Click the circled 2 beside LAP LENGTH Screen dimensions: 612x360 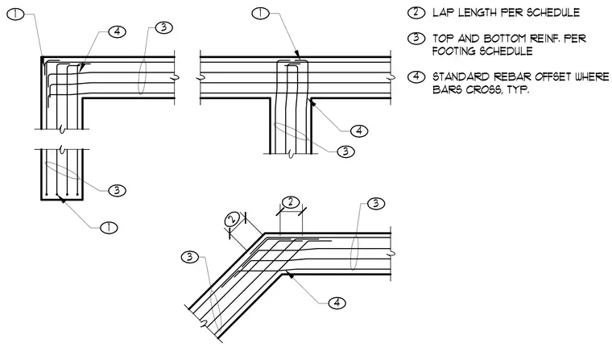point(416,13)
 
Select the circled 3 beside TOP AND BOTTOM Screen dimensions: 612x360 point(416,39)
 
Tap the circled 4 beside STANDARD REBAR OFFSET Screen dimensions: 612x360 point(416,77)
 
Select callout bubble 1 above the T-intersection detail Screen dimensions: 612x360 point(260,13)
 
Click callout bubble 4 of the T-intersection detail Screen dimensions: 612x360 point(359,130)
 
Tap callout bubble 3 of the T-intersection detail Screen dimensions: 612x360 point(345,151)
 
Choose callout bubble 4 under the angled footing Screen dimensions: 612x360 point(337,303)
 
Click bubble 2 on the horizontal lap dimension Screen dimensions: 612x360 point(291,202)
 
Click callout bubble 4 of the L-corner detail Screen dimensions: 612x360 point(117,31)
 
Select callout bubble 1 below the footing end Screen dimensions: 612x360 point(109,227)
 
